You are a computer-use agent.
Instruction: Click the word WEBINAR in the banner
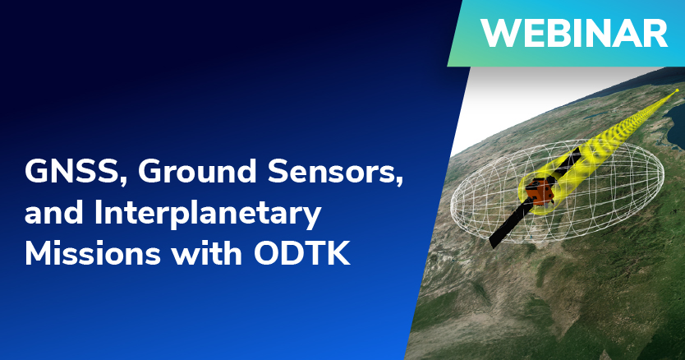[x=574, y=33]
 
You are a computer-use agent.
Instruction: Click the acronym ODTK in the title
[x=302, y=253]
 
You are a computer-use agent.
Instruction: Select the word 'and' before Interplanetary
[x=53, y=212]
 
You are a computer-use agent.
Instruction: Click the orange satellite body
[x=540, y=191]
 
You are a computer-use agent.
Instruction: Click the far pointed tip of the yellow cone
[x=677, y=90]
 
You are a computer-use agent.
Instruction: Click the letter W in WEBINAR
[x=499, y=33]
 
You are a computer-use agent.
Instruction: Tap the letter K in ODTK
[x=339, y=253]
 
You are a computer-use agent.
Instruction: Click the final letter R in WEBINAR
[x=657, y=33]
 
